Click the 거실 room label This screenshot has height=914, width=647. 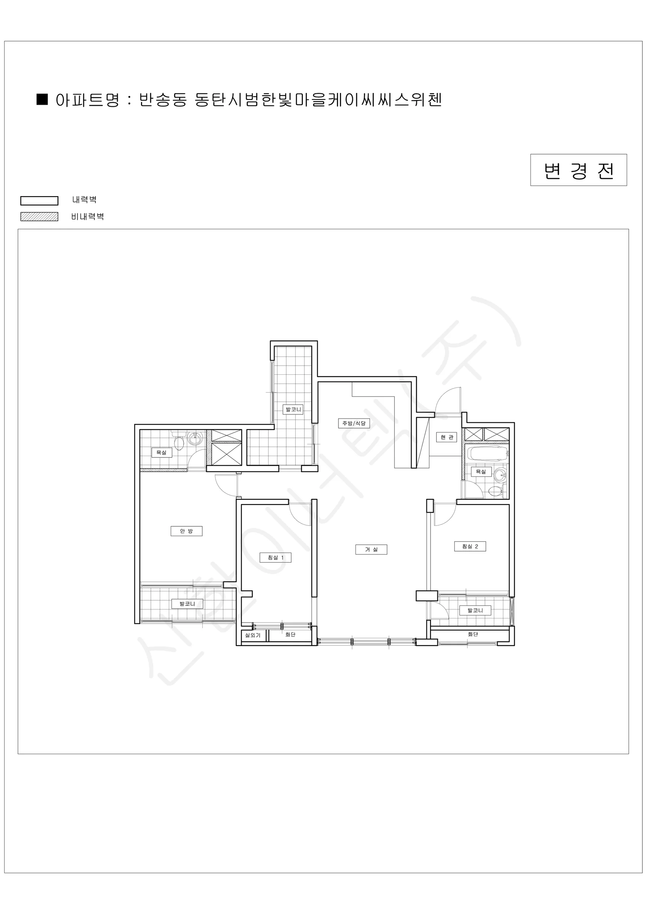(371, 550)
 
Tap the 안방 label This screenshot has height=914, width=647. (186, 531)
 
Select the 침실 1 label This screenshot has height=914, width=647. (275, 557)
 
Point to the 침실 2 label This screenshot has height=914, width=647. (470, 546)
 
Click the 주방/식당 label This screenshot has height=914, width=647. (354, 423)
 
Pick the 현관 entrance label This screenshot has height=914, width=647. (447, 437)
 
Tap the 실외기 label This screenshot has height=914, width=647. (253, 635)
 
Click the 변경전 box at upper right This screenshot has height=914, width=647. (578, 170)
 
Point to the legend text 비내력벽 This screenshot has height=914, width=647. (88, 217)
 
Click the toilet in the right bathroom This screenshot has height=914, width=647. (495, 491)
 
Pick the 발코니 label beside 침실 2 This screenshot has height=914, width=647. (475, 610)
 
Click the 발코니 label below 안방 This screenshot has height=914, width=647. (187, 604)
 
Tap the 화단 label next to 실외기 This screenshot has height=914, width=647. (290, 634)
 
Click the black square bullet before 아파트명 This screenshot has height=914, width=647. (42, 99)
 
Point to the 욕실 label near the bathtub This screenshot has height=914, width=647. (481, 472)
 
